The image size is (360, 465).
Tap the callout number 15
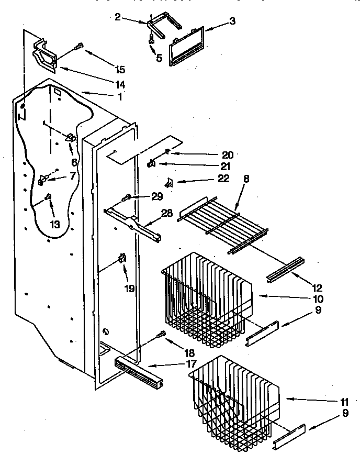click(120, 69)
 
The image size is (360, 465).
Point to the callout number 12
click(317, 288)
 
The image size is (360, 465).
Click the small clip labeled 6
click(70, 139)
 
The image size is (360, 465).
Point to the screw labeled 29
click(127, 198)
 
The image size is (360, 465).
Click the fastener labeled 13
click(49, 197)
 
